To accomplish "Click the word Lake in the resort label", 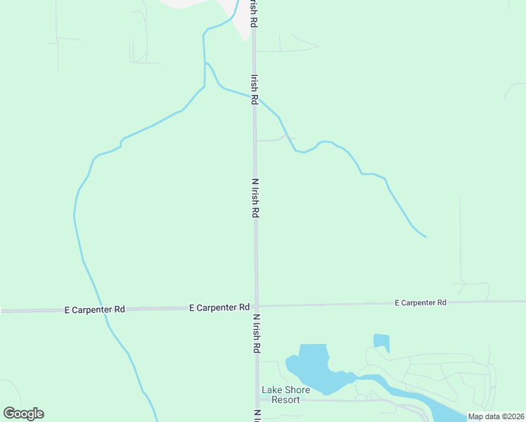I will pos(273,390).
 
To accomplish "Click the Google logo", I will pos(23,414).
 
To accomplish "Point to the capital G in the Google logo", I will pos(9,413).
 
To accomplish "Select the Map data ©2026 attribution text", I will pos(496,416).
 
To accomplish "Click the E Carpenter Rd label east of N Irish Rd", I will pos(421,302).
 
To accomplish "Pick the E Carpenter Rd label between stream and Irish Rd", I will pos(219,307).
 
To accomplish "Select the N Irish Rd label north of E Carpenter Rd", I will pos(256,197).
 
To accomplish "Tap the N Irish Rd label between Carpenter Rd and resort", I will pos(257,333).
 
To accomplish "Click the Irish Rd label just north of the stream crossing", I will pos(254,89).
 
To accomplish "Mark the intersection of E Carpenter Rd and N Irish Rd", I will pos(257,307).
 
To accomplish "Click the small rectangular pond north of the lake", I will pos(381,343).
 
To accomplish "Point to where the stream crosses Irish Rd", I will pos(255,97).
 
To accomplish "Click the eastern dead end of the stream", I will pos(425,236).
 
